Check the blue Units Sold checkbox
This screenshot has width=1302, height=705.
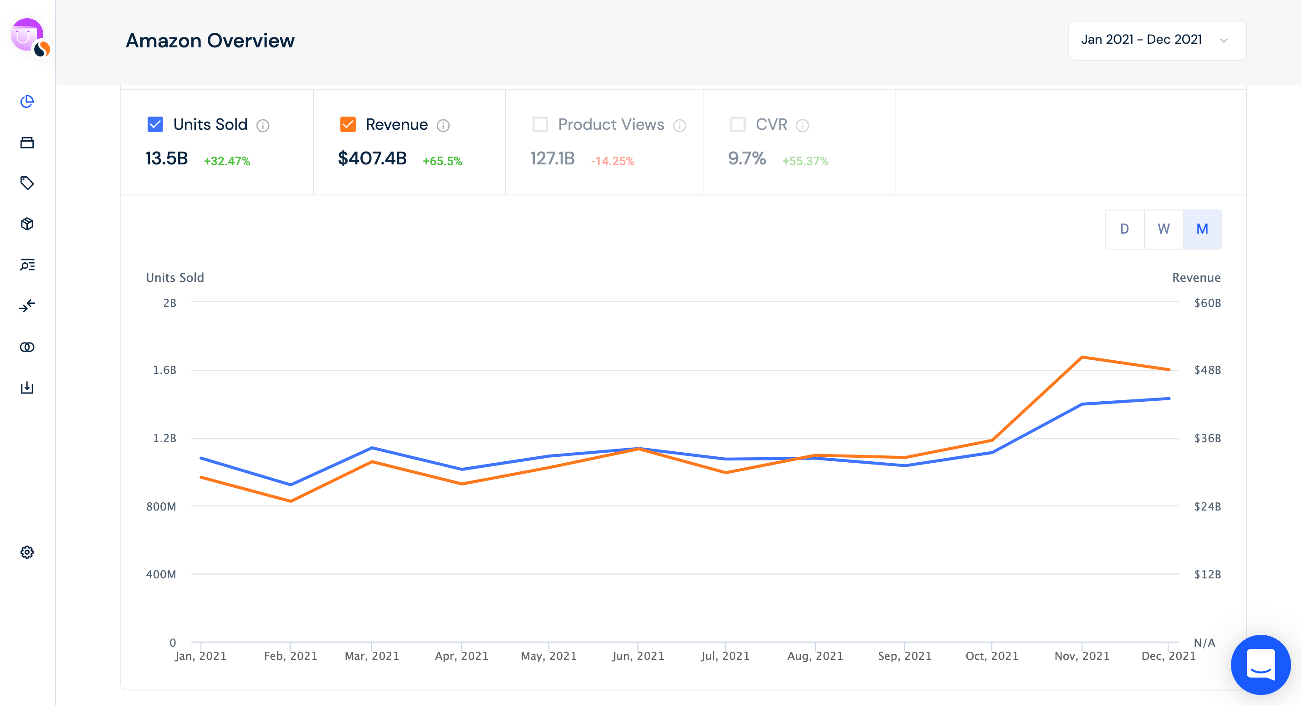click(155, 124)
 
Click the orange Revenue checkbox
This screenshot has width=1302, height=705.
click(348, 124)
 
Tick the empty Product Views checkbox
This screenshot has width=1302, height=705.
click(540, 124)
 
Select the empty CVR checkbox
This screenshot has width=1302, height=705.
click(738, 124)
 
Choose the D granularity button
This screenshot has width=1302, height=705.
click(1124, 229)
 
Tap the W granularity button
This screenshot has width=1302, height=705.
click(1163, 229)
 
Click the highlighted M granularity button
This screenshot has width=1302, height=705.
click(1202, 229)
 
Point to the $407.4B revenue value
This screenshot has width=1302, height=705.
click(372, 158)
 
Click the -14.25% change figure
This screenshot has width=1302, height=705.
click(612, 161)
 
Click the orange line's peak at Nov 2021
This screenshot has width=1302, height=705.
click(1082, 358)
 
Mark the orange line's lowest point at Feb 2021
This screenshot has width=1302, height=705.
click(291, 501)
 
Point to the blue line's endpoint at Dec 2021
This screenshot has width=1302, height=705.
click(1169, 399)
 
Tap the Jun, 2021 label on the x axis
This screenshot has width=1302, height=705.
click(638, 656)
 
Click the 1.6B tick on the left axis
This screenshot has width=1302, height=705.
click(165, 370)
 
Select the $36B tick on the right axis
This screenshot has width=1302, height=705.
click(1207, 438)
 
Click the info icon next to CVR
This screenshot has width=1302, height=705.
click(802, 125)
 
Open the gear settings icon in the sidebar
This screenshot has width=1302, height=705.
click(27, 552)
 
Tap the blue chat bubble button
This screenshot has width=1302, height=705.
click(1260, 664)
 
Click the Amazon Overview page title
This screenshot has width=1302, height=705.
click(210, 41)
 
